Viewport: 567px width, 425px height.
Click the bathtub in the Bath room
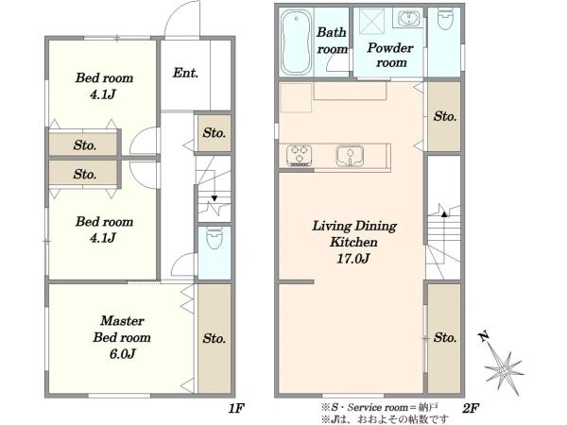[x=296, y=42]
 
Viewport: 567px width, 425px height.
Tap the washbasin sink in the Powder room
[x=409, y=18]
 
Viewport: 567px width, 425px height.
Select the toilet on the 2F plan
[x=444, y=19]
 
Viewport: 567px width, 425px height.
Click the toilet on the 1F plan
[x=215, y=238]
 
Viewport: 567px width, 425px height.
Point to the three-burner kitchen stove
[x=299, y=156]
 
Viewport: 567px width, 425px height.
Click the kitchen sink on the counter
[x=350, y=156]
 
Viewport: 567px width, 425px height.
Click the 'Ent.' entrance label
[x=185, y=73]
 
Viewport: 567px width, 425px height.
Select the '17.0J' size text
[x=352, y=259]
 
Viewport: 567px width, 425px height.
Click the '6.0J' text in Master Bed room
[x=122, y=354]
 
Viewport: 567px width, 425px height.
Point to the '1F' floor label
[x=237, y=409]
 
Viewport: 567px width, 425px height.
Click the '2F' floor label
[x=471, y=409]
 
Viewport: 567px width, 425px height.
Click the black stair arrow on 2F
[x=444, y=214]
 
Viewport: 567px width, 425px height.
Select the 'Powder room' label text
[x=390, y=55]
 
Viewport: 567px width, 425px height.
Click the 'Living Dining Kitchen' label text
[x=354, y=234]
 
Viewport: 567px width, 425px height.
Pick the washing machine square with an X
[x=371, y=23]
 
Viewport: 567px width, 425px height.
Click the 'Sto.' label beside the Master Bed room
[x=215, y=339]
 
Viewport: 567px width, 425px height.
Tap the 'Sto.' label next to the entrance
[x=215, y=133]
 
